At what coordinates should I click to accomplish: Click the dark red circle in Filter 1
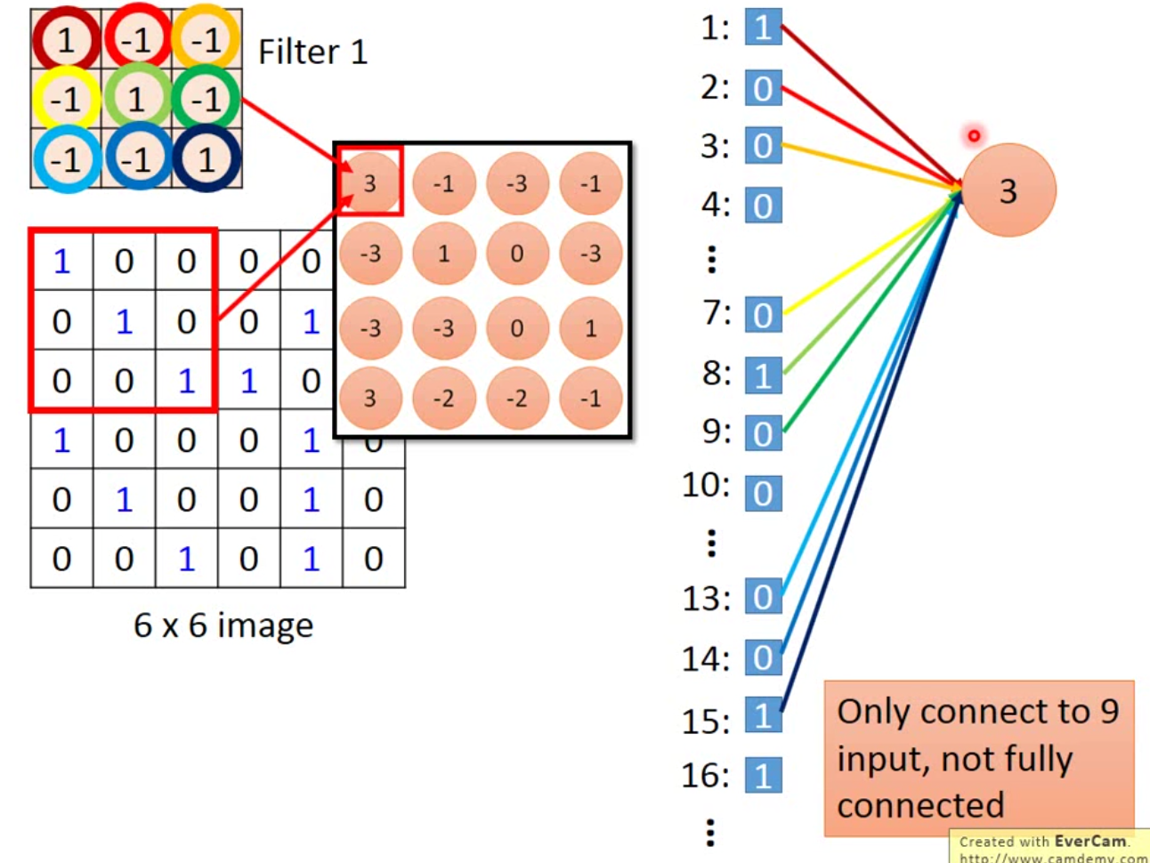point(65,40)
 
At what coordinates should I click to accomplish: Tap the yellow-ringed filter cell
point(65,99)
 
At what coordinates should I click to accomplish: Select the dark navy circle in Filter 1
point(207,159)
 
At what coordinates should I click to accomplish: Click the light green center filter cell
point(136,99)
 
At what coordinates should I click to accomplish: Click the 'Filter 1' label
point(312,52)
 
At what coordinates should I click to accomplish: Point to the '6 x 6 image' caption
point(223,625)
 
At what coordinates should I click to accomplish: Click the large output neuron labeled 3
point(1008,190)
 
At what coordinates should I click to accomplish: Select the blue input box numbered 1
point(763,28)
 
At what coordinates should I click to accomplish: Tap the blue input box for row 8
point(763,375)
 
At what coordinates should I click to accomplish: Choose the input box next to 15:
point(763,716)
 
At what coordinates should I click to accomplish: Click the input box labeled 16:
point(763,776)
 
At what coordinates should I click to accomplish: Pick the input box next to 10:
point(763,494)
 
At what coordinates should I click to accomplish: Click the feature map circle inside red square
point(369,183)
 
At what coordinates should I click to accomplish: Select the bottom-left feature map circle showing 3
point(369,398)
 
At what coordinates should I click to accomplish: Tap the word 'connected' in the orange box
point(920,805)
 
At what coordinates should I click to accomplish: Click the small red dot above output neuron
point(974,135)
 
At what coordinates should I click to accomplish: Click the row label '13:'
point(706,599)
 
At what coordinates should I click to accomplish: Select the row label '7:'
point(715,314)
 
